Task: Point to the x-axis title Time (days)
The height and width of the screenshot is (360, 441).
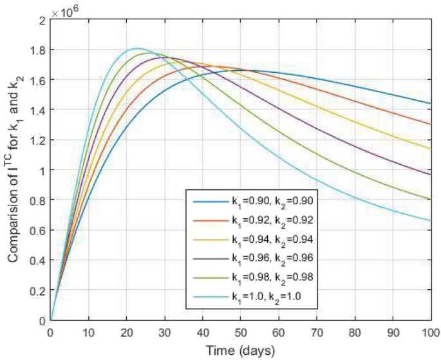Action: (240, 351)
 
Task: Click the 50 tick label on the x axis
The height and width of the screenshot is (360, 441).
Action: (240, 334)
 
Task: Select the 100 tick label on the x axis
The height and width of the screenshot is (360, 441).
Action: (429, 334)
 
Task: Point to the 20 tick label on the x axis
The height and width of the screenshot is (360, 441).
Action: (126, 334)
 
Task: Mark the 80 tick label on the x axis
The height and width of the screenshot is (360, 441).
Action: (354, 334)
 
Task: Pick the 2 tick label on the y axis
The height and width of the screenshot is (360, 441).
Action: (42, 21)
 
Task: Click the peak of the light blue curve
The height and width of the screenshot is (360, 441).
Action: (136, 48)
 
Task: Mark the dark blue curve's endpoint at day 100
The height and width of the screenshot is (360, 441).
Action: (429, 104)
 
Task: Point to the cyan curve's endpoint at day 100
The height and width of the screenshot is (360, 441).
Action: (429, 221)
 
